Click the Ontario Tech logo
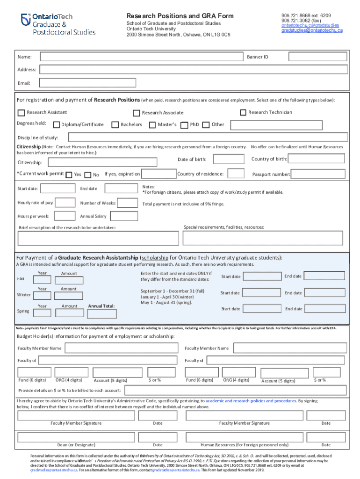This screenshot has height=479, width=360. pos(58,24)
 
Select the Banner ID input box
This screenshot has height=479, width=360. pos(317,57)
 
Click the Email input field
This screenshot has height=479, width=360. pos(88,83)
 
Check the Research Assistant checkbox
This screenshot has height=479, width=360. pos(22,113)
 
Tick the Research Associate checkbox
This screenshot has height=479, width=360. pos(137,113)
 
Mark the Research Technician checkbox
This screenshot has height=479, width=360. pos(243,112)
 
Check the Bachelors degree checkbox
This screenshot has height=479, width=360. pos(115,125)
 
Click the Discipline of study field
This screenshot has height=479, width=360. pos(208,138)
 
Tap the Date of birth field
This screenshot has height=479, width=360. pos(229,160)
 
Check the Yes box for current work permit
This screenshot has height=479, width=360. pos(69,174)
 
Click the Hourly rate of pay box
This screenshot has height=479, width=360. pos(65,203)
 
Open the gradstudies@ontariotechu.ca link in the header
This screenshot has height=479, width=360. pos(312,30)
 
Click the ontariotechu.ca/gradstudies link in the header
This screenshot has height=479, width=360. pos(310,25)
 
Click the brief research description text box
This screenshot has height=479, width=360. pos(98,238)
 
